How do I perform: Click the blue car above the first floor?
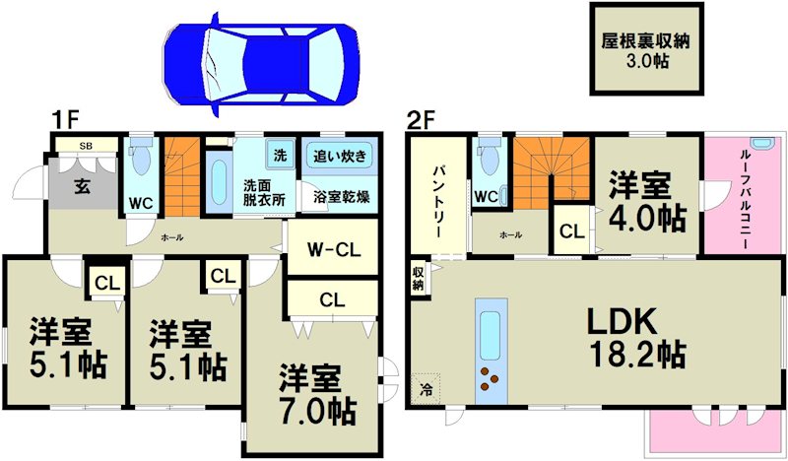pyautogui.click(x=261, y=64)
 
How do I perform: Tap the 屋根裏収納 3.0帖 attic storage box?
pyautogui.click(x=646, y=49)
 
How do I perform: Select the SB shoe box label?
pyautogui.click(x=86, y=146)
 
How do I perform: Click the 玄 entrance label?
pyautogui.click(x=83, y=187)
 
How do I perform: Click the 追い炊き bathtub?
pyautogui.click(x=340, y=156)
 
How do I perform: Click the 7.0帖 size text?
pyautogui.click(x=317, y=412)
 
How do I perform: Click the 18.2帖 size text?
pyautogui.click(x=637, y=355)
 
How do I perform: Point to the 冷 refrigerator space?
pyautogui.click(x=426, y=389)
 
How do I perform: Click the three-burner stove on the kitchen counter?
pyautogui.click(x=490, y=378)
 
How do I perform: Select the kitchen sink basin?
pyautogui.click(x=490, y=335)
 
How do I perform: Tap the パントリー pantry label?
pyautogui.click(x=438, y=203)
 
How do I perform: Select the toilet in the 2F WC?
pyautogui.click(x=490, y=157)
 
